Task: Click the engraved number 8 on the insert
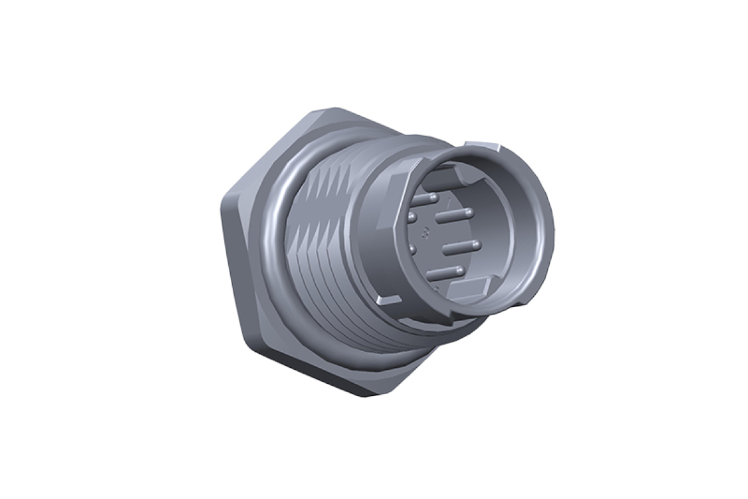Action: pos(426,232)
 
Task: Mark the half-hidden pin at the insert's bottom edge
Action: pos(436,289)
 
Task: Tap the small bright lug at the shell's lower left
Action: pos(389,299)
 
